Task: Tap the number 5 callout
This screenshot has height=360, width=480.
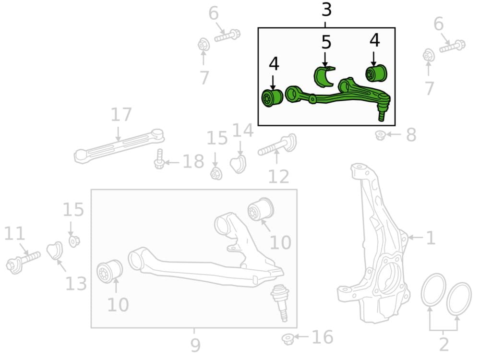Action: tap(326, 43)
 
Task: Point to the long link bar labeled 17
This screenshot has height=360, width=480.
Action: tap(119, 145)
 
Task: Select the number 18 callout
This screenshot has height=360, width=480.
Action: tap(193, 162)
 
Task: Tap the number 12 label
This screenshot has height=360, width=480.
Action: tap(279, 176)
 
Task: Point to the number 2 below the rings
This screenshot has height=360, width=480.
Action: tap(444, 344)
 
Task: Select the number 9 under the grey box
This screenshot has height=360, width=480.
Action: tap(195, 344)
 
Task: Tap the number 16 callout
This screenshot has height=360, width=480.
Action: tap(322, 337)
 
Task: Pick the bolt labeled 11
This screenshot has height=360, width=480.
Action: tap(23, 260)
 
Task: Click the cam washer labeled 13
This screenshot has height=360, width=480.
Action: tap(54, 250)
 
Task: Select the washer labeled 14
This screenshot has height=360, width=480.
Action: tap(238, 164)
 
